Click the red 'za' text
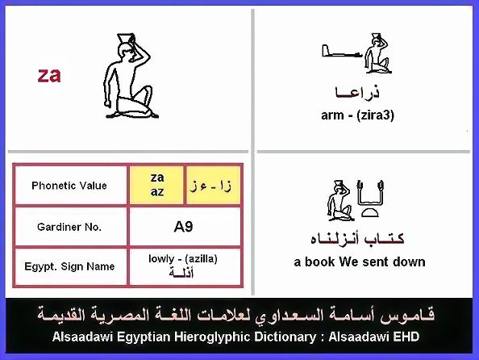click(49, 75)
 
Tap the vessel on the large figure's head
click(125, 38)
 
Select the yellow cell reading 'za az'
click(156, 185)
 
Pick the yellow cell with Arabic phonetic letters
click(213, 185)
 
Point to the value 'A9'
click(183, 227)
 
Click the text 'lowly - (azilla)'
click(183, 259)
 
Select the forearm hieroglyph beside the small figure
click(342, 52)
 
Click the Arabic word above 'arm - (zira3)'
click(357, 92)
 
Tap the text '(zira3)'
click(375, 115)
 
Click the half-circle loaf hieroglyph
click(370, 212)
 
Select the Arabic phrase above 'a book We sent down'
click(357, 239)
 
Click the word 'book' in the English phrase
click(319, 262)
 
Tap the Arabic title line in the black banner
click(235, 316)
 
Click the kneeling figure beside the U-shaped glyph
click(339, 200)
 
